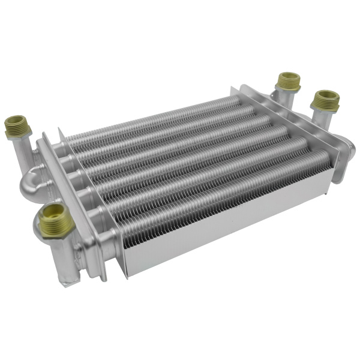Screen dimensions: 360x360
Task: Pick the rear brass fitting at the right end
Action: click(289, 82)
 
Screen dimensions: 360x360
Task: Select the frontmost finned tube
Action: click(222, 186)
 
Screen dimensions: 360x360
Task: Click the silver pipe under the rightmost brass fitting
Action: click(324, 123)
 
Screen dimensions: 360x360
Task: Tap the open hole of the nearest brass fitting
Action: click(55, 211)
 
